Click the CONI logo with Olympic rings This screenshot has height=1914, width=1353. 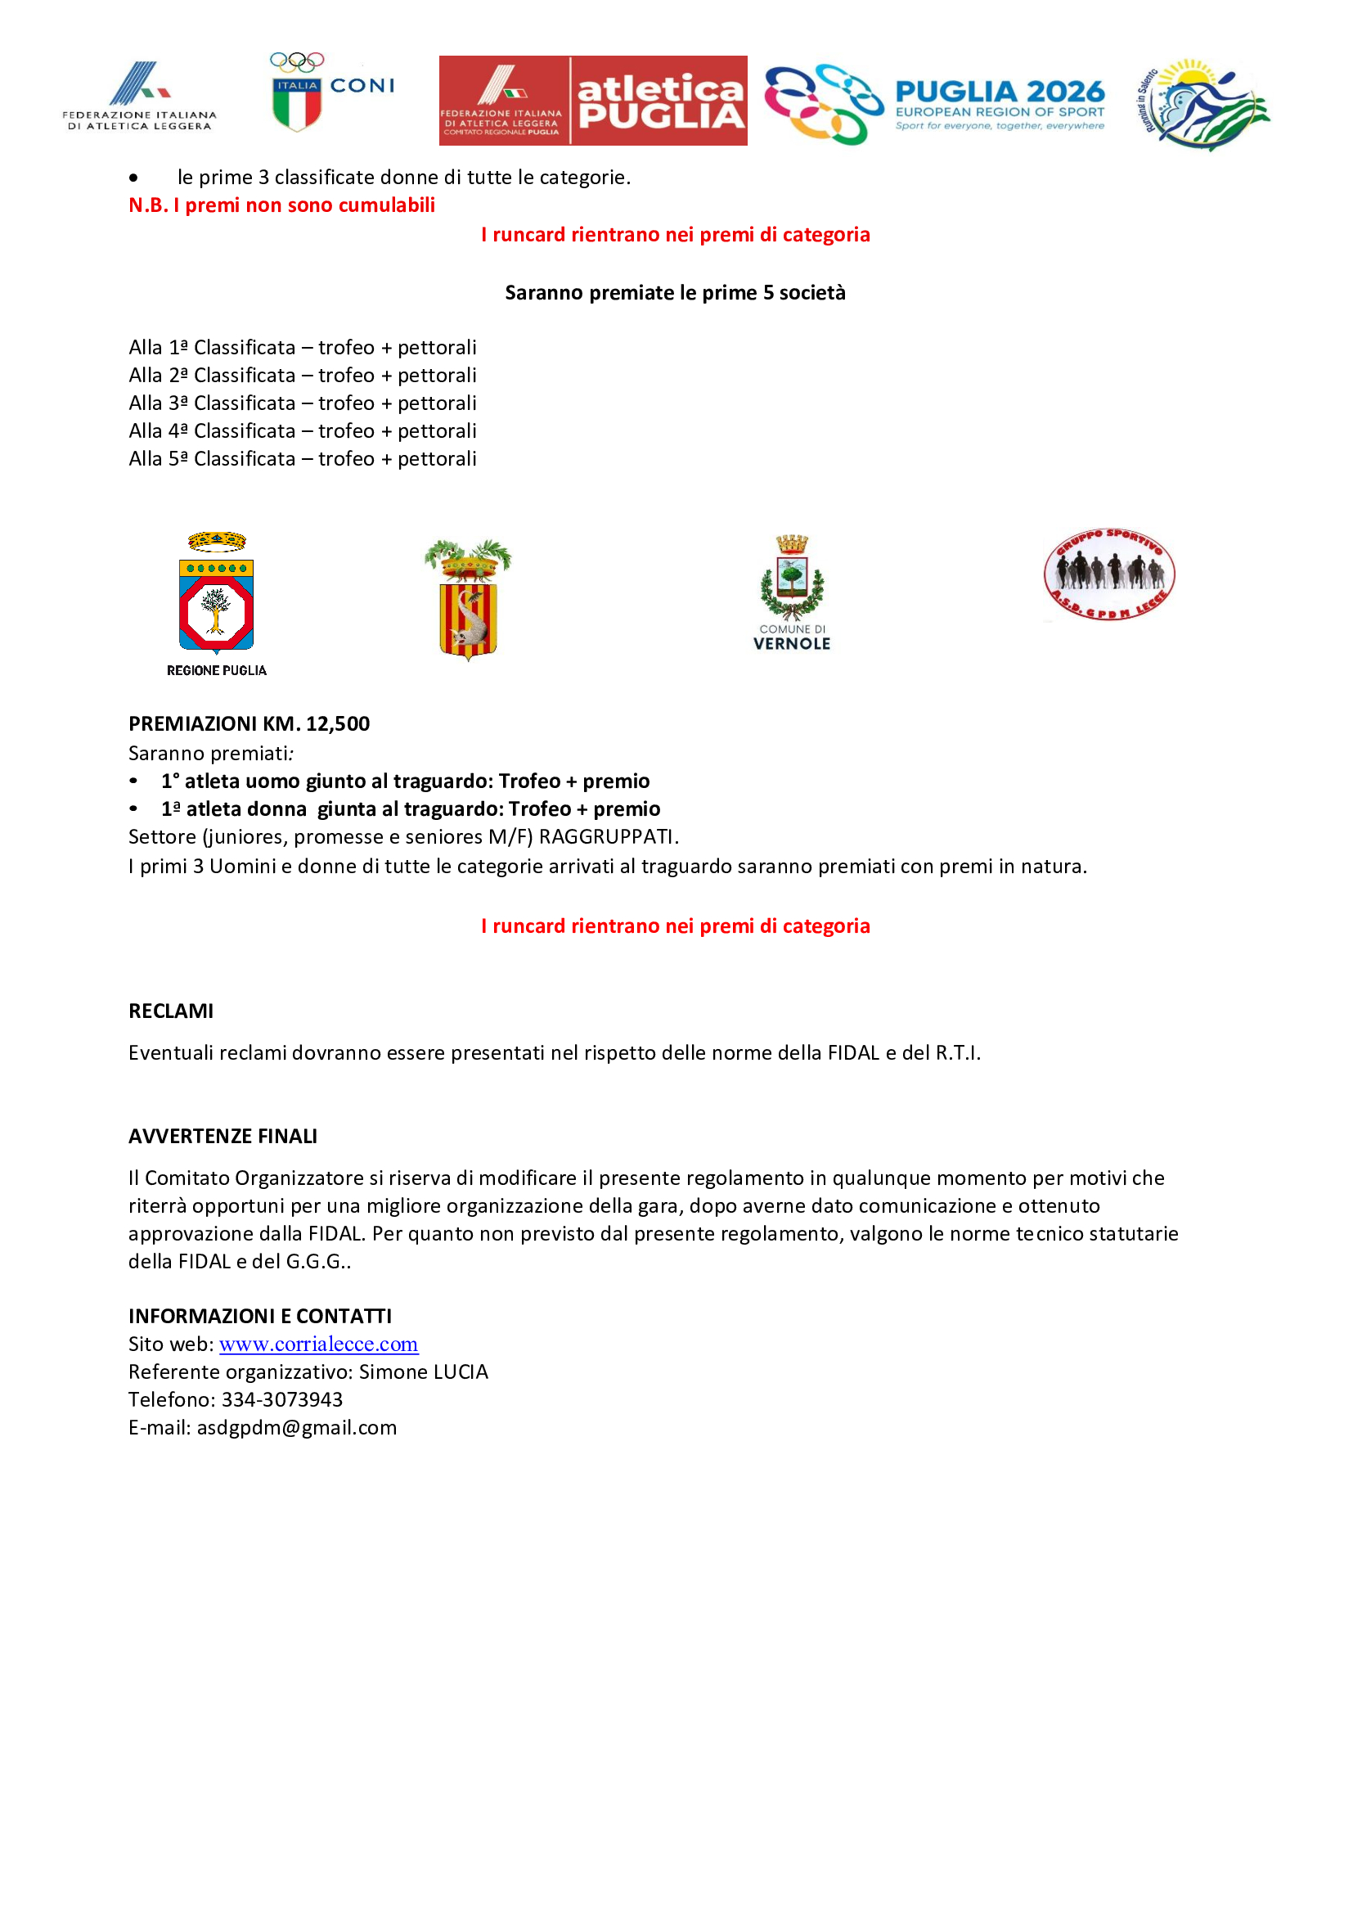coord(331,92)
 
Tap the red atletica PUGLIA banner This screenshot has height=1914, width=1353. coord(592,101)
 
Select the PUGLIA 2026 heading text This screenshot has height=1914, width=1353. coord(999,91)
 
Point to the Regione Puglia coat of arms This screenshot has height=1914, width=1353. coord(217,593)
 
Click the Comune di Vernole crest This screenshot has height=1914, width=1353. coord(792,592)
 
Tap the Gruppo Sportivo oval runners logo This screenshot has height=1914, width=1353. coord(1109,575)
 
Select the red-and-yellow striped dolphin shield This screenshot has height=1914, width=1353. coord(468,600)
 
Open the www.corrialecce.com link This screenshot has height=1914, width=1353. coord(318,1344)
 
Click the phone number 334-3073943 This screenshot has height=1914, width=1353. coord(281,1398)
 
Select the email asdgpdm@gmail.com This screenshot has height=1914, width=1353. coord(297,1427)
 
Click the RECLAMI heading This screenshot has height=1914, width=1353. coord(171,1011)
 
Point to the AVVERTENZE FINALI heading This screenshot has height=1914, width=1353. coord(223,1136)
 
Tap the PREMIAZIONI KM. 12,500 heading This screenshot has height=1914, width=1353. coord(249,723)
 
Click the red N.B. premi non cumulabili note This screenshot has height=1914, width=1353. coord(281,205)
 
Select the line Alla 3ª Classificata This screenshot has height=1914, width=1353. coord(303,403)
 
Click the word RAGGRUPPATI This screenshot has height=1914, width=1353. coord(607,836)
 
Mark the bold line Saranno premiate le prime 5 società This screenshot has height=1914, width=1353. coord(675,293)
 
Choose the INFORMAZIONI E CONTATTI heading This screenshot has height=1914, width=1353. coord(260,1316)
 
